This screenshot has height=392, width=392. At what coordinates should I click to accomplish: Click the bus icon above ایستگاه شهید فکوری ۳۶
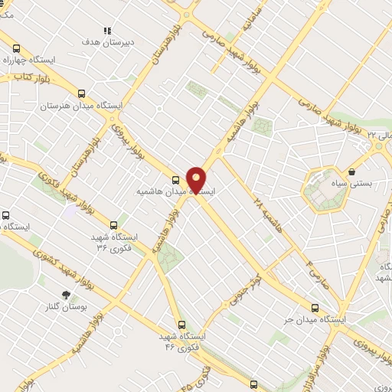[x=114, y=226]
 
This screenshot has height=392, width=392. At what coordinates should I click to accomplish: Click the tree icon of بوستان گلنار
[x=66, y=295]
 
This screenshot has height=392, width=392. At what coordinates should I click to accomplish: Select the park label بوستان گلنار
[x=65, y=306]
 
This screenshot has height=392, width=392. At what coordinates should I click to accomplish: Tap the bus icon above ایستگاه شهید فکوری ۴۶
[x=181, y=325]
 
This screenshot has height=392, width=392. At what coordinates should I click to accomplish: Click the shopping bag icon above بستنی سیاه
[x=351, y=172]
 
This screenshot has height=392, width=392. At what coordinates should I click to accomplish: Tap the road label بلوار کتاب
[x=31, y=77]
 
